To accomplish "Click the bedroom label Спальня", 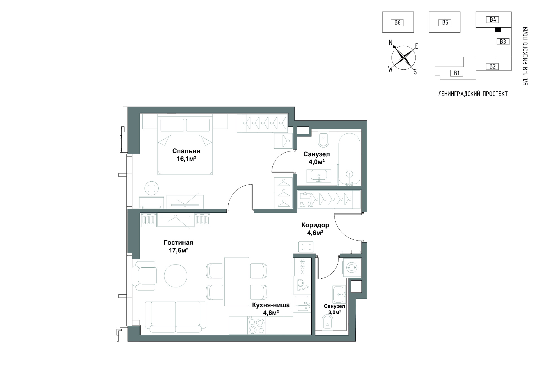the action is pos(186,151).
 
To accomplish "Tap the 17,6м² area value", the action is pos(179,250).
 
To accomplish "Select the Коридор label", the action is pos(315,225).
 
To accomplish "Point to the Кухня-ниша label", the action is pos(271,305).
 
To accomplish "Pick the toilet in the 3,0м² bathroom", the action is pos(327,323).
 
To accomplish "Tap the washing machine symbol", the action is pos(352,267).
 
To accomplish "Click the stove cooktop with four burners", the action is pos(257,325).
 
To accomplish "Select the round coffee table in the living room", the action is pos(176,276).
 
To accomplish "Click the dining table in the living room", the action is pos(237,281).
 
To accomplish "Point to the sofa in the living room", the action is pos(176,317).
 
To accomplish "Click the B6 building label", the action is pos(397,22).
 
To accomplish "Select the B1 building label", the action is pos(456,73).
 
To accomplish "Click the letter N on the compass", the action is pos(391,43).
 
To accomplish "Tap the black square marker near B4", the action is pos(498,30).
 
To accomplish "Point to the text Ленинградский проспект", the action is pos(473,94).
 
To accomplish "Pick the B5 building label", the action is pos(445,22).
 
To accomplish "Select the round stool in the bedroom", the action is pos(152,188).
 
